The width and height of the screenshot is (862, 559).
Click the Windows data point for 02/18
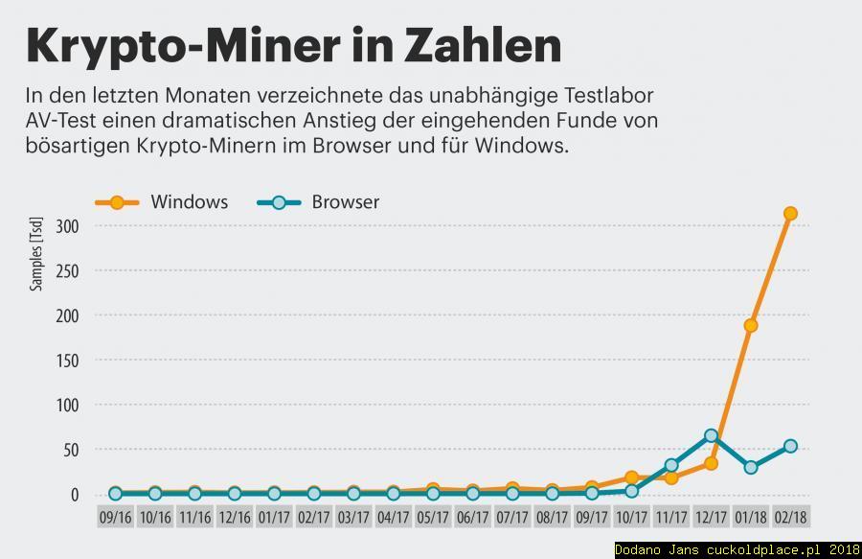[x=790, y=214]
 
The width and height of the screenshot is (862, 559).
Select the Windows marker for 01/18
[x=751, y=325]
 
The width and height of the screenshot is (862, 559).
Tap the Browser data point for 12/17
[x=711, y=436]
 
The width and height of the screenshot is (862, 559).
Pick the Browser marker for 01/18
[x=751, y=467]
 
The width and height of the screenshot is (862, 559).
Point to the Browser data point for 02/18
[x=790, y=446]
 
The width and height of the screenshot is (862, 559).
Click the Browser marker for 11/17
[x=671, y=465]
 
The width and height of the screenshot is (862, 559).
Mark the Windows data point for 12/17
[x=711, y=463]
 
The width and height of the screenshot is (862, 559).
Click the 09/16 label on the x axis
[x=116, y=517]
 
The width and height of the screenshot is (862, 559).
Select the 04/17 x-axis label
[x=394, y=517]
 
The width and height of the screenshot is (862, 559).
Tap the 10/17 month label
[x=631, y=517]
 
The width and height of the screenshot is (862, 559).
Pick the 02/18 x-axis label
[x=790, y=517]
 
